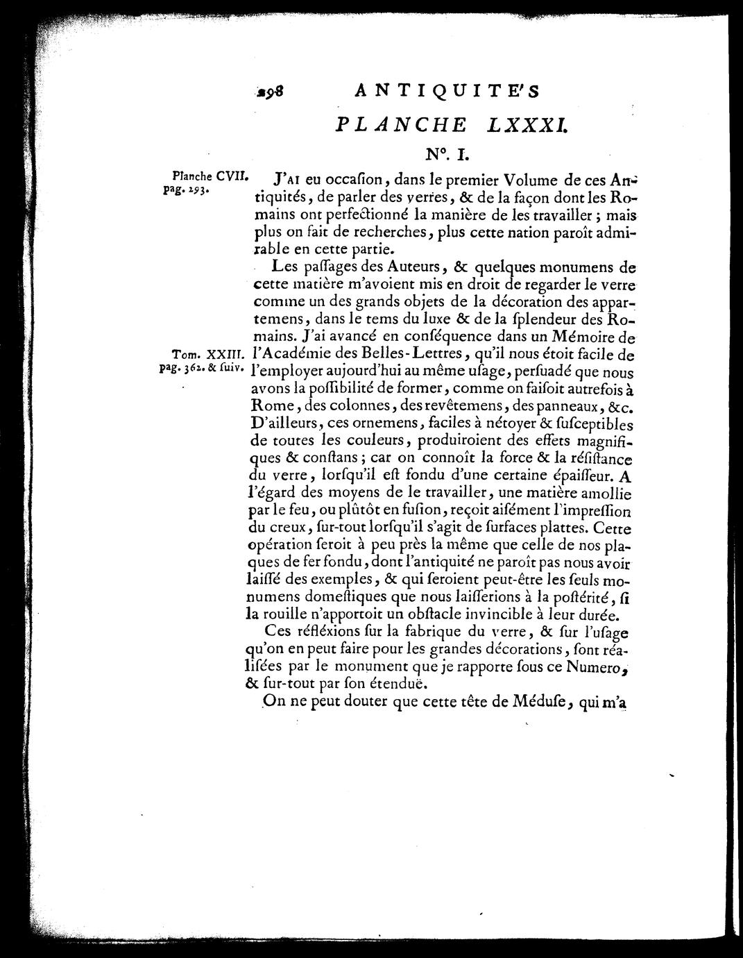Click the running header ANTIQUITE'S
click(x=456, y=91)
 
